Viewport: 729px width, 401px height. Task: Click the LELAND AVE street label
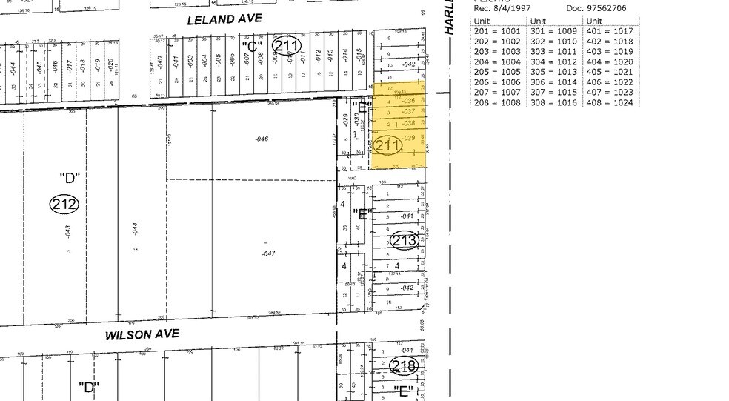pos(224,19)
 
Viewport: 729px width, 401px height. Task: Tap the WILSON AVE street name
pos(142,334)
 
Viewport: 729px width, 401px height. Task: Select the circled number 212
pos(64,203)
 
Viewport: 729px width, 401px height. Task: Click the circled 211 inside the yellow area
pos(388,145)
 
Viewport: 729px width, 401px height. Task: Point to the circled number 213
pos(405,240)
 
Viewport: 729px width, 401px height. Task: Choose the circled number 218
pos(405,365)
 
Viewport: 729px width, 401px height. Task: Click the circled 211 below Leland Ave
pos(286,46)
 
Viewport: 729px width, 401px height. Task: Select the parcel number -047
pos(268,253)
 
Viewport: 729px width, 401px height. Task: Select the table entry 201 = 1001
pos(498,32)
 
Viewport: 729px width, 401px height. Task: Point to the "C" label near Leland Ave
pos(253,46)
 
